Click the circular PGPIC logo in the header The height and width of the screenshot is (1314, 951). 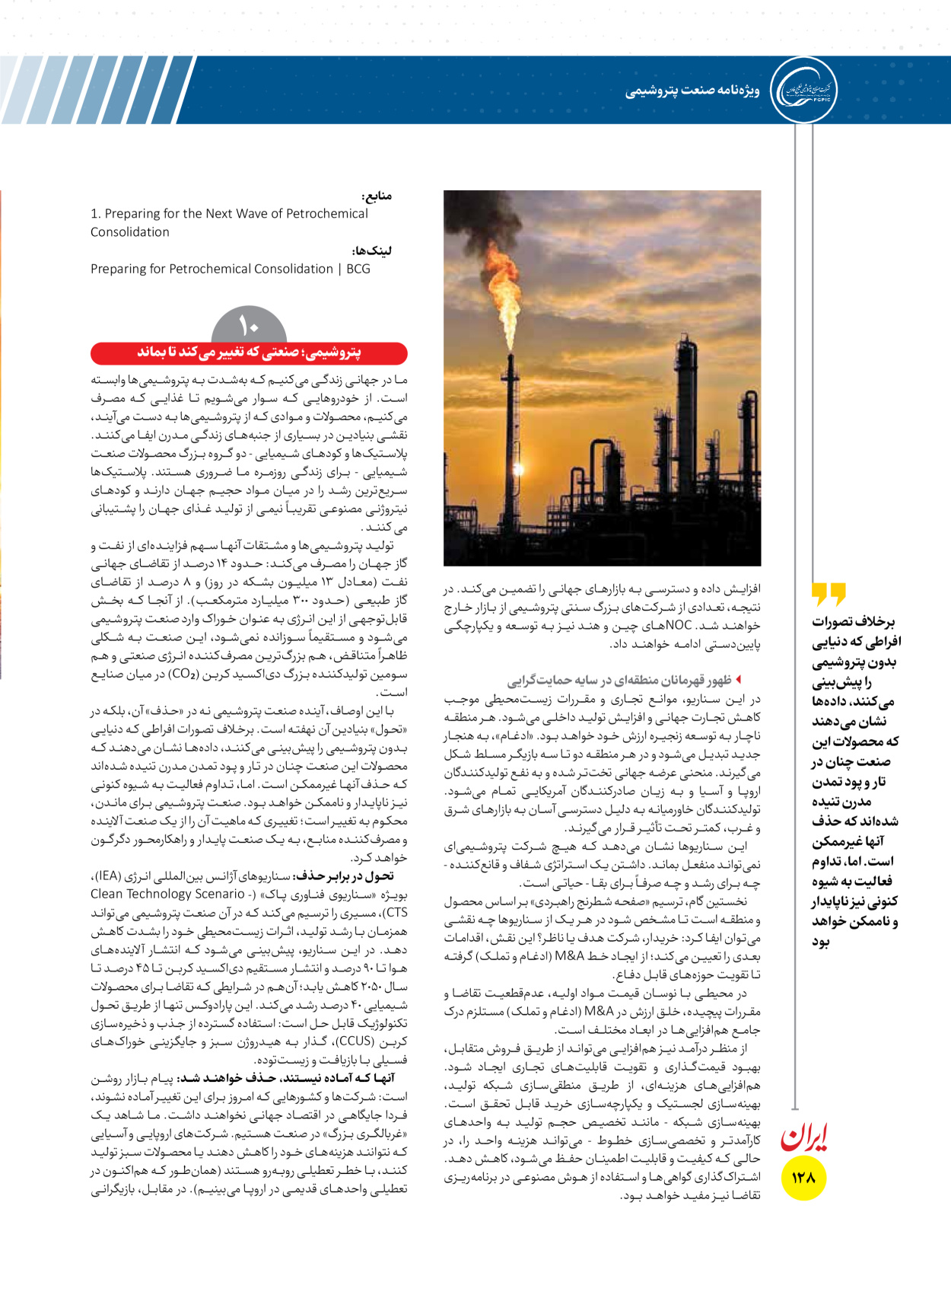803,90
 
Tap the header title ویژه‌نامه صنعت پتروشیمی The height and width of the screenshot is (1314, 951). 692,91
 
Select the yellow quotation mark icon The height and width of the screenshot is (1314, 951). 829,593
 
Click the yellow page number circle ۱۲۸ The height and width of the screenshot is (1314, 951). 803,1178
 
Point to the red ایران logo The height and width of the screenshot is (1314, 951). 803,1137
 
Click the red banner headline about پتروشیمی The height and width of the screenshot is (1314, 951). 249,352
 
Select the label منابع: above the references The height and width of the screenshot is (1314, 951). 377,196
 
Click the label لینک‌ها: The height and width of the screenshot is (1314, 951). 372,250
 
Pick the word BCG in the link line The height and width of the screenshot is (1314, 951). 358,269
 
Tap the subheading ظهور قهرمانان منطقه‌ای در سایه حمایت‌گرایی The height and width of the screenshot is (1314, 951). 619,680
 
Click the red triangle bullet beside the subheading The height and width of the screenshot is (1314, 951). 738,679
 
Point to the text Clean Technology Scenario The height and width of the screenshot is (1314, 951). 168,894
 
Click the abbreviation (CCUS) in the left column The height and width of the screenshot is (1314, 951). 355,1041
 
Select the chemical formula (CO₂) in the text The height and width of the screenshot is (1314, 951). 183,674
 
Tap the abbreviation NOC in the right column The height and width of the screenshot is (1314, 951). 679,625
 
